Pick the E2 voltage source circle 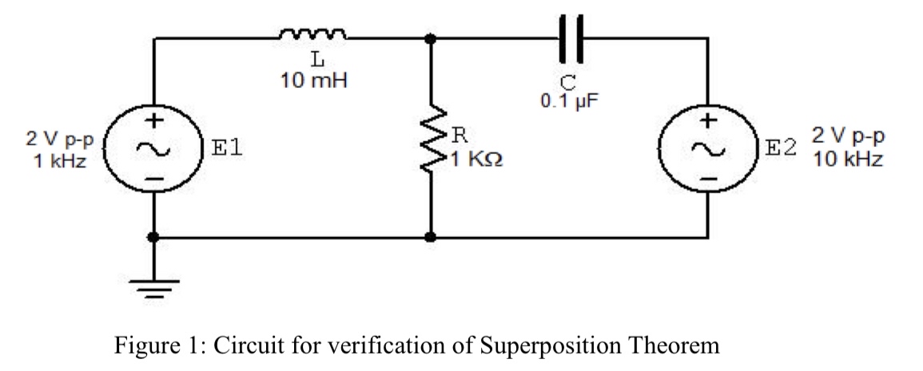(706, 148)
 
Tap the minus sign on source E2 (706, 178)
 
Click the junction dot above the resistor (432, 37)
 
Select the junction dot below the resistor (432, 237)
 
